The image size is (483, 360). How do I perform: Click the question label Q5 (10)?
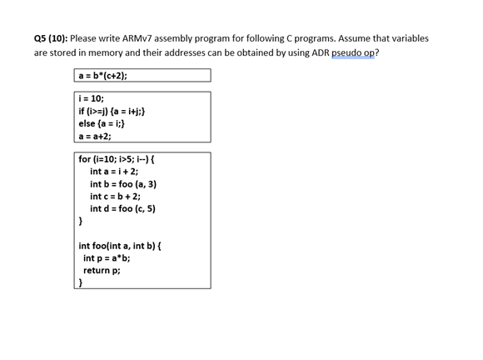[x=51, y=38]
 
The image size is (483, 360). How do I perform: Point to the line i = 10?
[x=91, y=98]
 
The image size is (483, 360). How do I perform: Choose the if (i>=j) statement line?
[x=113, y=111]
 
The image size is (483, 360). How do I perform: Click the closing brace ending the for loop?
[x=81, y=222]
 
